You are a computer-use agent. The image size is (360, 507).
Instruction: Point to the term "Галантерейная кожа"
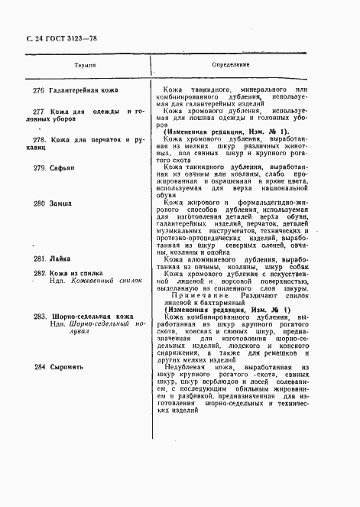(83, 91)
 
